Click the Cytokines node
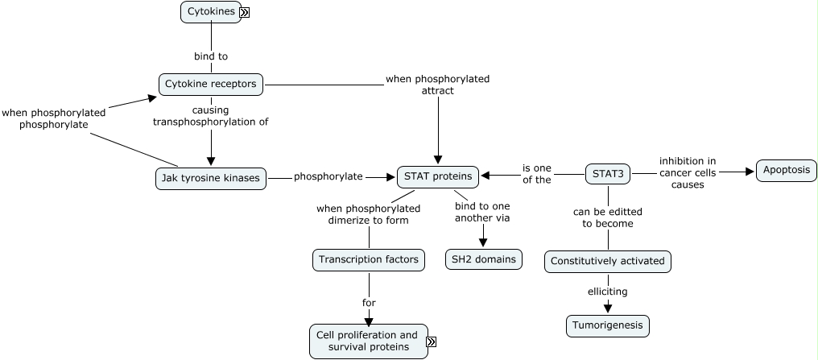coord(210,12)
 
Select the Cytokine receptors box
coord(210,84)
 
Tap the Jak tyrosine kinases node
coord(211,178)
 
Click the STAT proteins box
coord(438,177)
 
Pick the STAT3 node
coord(608,172)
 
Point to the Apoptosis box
coord(787,172)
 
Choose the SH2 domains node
coord(484,259)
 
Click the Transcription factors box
coord(369,259)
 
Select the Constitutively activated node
coord(608,262)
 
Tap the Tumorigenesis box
coord(608,325)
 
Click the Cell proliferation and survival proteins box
coord(367,341)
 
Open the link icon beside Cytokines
coord(245,12)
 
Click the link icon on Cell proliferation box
coord(431,342)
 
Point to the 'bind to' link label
coord(211,56)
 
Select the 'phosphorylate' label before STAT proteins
coord(328,176)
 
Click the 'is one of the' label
coord(537,174)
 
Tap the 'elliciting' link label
coord(608,292)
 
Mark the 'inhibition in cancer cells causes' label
coord(688,172)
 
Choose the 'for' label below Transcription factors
coord(369,303)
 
